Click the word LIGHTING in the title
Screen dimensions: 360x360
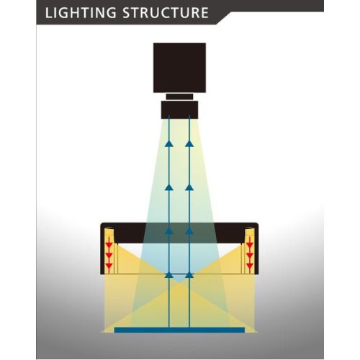[x=81, y=13]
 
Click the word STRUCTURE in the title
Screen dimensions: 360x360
[x=166, y=12]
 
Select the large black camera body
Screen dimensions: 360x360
[x=179, y=68]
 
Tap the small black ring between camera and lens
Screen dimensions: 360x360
[x=179, y=96]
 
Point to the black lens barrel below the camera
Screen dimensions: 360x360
[x=179, y=109]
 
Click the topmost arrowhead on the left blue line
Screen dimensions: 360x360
[x=169, y=143]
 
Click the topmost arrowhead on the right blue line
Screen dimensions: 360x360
[x=189, y=143]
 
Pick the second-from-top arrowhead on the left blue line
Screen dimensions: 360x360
[x=169, y=187]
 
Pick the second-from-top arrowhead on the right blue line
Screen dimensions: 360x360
[x=189, y=187]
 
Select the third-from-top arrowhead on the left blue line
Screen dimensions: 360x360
[x=169, y=231]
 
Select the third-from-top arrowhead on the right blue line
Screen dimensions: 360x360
[x=189, y=231]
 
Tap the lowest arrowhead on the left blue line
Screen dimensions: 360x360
[x=169, y=275]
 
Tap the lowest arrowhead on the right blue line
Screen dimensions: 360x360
[x=189, y=275]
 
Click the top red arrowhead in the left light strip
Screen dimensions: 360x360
[x=109, y=245]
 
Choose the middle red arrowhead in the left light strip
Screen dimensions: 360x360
[x=109, y=256]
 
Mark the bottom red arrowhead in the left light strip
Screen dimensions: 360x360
[x=109, y=266]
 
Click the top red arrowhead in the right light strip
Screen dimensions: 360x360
[x=250, y=245]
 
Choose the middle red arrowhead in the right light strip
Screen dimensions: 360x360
[x=250, y=256]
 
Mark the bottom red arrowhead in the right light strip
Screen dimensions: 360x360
[x=250, y=266]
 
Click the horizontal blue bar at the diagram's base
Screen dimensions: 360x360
[x=179, y=330]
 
